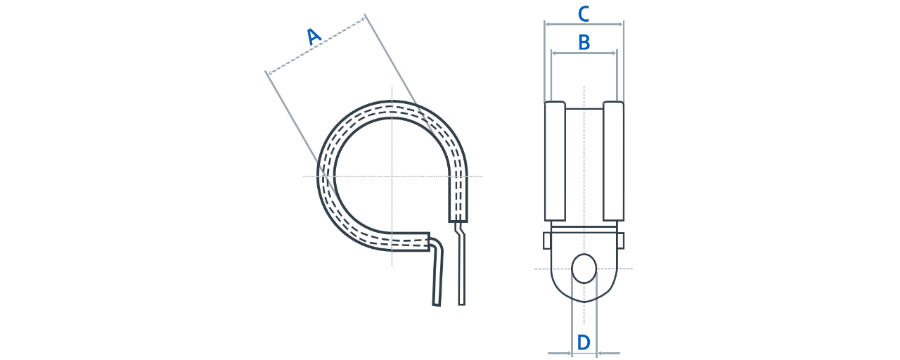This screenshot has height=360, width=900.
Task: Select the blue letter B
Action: [584, 42]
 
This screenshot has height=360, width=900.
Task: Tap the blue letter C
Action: [584, 14]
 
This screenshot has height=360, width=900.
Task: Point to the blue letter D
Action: [584, 342]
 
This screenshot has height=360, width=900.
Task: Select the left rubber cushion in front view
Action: [555, 161]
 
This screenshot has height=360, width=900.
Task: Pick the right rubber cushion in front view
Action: [614, 161]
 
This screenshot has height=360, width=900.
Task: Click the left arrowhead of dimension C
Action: [548, 25]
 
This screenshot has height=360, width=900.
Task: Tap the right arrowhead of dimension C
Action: [620, 25]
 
